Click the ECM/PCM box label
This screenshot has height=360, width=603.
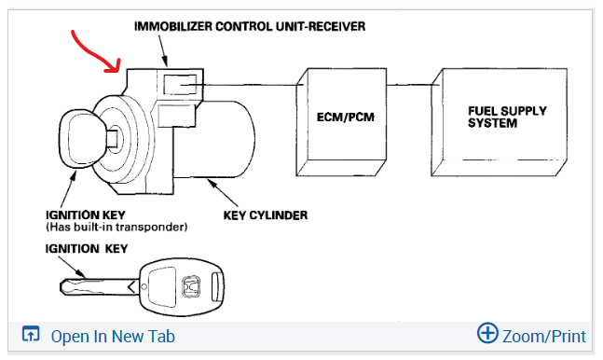tap(346, 118)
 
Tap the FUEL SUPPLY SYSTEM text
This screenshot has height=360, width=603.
tap(507, 118)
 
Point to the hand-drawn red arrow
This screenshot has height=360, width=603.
tap(96, 52)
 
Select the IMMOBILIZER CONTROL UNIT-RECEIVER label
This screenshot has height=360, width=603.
tap(250, 26)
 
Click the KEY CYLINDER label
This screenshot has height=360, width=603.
tap(266, 215)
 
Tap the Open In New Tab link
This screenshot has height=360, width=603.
tap(113, 337)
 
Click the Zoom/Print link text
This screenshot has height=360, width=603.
tap(544, 337)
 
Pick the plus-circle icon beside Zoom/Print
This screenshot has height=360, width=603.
tap(487, 333)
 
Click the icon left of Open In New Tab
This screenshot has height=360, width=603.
tap(31, 334)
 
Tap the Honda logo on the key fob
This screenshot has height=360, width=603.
tap(191, 287)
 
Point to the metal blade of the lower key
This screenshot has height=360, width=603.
tap(98, 287)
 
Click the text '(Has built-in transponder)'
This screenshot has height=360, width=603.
tap(116, 228)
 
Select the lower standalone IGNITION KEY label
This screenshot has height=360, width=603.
tap(87, 249)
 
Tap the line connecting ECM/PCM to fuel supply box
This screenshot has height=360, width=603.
tap(409, 85)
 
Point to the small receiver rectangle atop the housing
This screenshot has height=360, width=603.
tap(180, 84)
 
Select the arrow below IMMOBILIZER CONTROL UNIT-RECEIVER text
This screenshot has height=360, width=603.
tap(163, 50)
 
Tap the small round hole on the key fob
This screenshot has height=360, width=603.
tap(144, 287)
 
